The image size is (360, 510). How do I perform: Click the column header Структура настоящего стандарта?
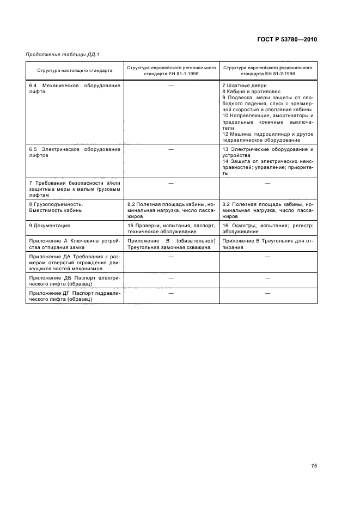pyautogui.click(x=75, y=70)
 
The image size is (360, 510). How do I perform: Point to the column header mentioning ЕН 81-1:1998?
pyautogui.click(x=172, y=70)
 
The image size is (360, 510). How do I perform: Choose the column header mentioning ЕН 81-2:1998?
pyautogui.click(x=267, y=70)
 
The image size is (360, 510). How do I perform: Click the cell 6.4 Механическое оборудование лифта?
pyautogui.click(x=75, y=89)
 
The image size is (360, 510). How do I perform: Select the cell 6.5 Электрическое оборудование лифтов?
pyautogui.click(x=75, y=151)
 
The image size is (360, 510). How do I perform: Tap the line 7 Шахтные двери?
pyautogui.click(x=245, y=86)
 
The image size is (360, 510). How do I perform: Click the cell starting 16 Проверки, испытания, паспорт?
pyautogui.click(x=172, y=228)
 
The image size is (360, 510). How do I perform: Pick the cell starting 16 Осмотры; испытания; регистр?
pyautogui.click(x=267, y=228)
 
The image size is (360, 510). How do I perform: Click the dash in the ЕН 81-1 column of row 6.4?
pyautogui.click(x=171, y=86)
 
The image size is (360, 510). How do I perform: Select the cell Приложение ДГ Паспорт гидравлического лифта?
pyautogui.click(x=75, y=296)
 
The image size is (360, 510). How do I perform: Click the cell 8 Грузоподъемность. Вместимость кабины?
pyautogui.click(x=75, y=207)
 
